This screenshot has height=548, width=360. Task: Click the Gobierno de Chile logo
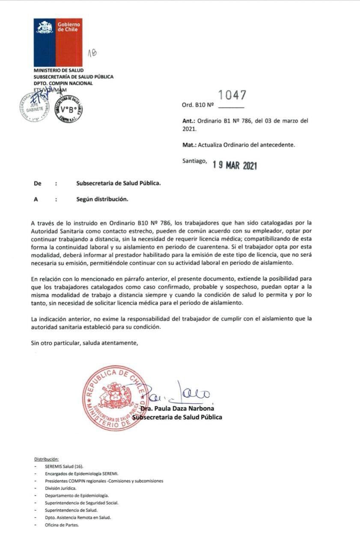pos(58,42)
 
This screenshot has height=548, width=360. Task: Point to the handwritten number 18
pos(92,53)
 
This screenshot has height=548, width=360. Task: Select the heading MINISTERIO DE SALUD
pos(59,70)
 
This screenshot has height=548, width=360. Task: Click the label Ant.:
pos(189,121)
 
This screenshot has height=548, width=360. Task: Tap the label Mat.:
pos(190,145)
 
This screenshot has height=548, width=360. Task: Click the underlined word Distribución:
pos(46,459)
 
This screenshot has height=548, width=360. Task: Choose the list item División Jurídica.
pos(61,488)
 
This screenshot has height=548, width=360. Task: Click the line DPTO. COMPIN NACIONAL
pos(63,83)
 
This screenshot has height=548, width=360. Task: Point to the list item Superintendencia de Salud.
pos(71,510)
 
